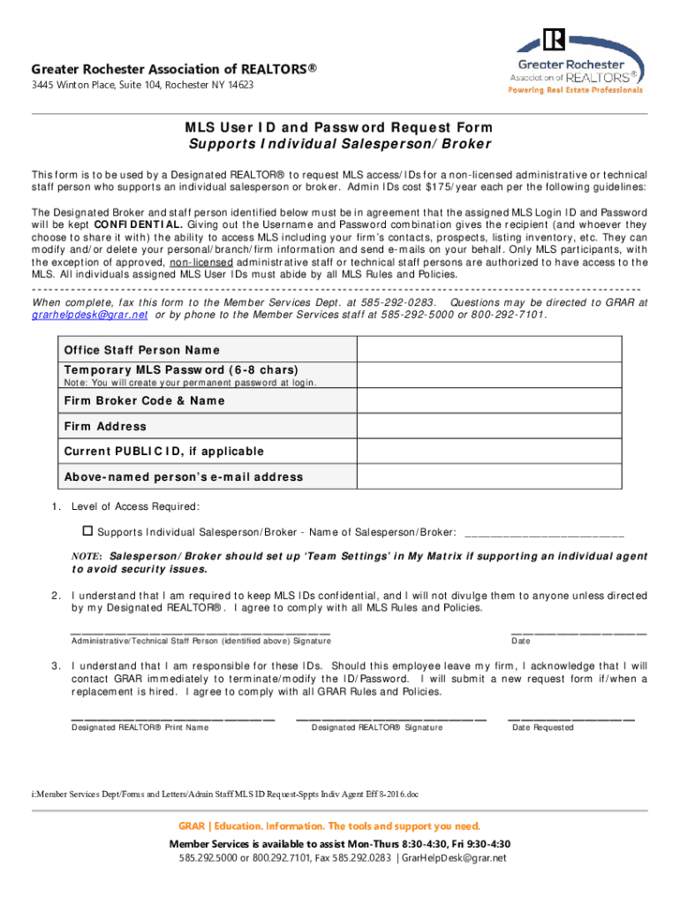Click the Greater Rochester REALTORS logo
click(x=579, y=60)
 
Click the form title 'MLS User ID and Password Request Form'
click(x=339, y=128)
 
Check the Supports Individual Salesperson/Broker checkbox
click(x=87, y=532)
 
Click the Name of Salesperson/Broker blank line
click(x=543, y=535)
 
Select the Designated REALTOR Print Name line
click(x=172, y=719)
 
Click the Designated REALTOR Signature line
click(x=390, y=719)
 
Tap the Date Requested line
click(x=570, y=719)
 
